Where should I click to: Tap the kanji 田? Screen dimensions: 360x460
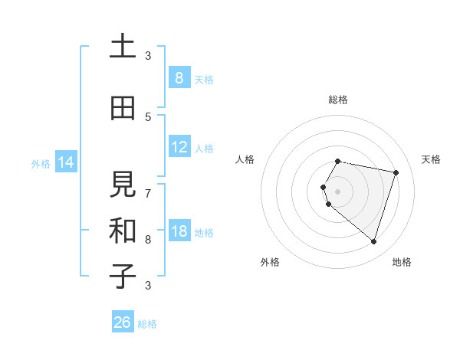(123, 108)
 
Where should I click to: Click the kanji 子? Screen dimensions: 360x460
(123, 277)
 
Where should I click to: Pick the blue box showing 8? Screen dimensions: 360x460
(179, 78)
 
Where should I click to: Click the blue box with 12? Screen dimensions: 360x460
(179, 148)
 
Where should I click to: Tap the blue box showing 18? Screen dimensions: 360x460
(179, 232)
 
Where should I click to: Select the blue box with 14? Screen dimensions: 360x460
(65, 162)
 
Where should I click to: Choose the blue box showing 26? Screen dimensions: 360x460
(123, 322)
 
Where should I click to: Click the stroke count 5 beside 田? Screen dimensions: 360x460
(148, 117)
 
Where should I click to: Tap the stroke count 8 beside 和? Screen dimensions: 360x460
(148, 240)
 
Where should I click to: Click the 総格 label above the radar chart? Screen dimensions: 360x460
(337, 100)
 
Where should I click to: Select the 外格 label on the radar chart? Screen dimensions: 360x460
(270, 262)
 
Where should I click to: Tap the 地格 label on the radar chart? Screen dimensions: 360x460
(402, 262)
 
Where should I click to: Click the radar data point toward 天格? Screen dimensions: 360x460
(396, 172)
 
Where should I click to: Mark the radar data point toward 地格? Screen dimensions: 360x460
(373, 241)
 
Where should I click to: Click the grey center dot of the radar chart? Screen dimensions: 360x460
(337, 191)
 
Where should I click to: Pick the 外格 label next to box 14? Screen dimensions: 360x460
(40, 163)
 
